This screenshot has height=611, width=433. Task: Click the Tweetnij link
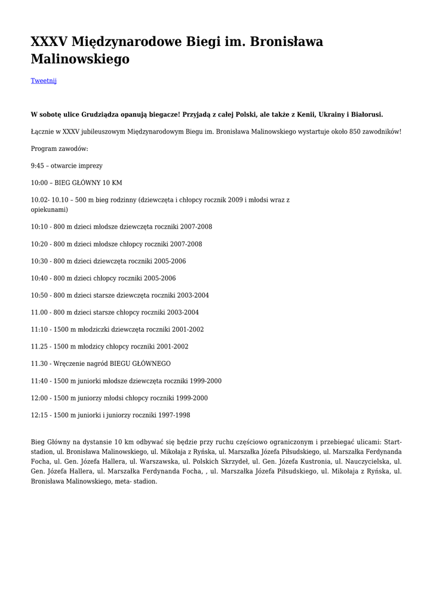pos(44,81)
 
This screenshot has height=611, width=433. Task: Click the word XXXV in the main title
pos(49,42)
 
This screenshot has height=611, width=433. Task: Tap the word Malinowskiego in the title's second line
pos(80,60)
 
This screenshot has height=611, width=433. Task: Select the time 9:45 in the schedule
pos(37,166)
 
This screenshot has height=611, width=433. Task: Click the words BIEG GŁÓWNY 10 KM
pos(88,183)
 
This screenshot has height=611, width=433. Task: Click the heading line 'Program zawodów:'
pos(59,149)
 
